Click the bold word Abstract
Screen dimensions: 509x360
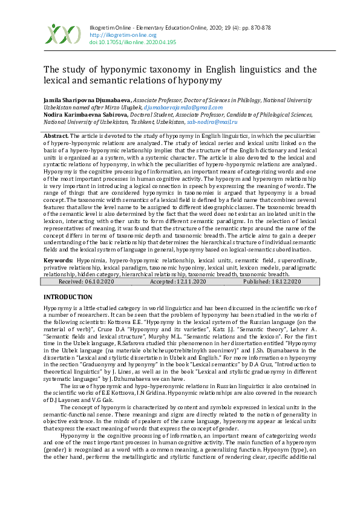[x=56, y=136]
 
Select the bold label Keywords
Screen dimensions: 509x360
[x=58, y=260]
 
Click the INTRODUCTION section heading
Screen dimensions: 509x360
[x=68, y=297]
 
